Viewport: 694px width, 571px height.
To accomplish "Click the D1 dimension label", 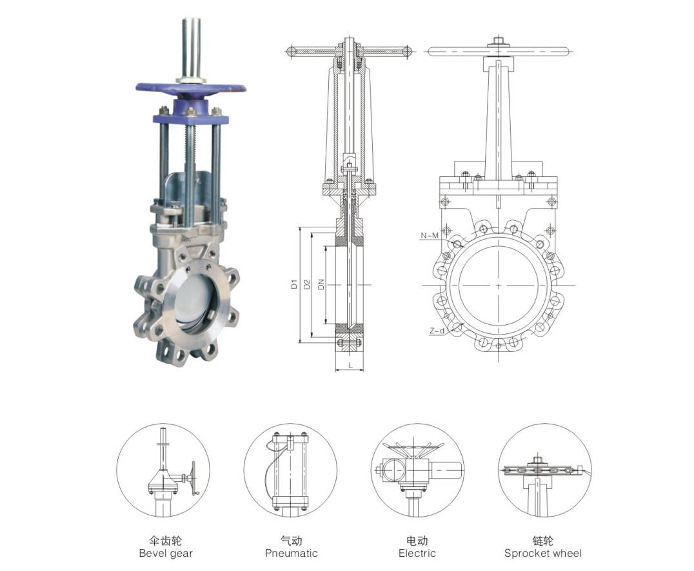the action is point(294,284).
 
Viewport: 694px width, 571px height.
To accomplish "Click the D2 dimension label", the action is point(307,284).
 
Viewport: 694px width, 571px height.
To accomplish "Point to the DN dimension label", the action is point(321,284).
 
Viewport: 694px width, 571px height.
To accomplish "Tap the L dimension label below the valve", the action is point(350,366).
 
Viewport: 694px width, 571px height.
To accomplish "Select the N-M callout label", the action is point(430,235).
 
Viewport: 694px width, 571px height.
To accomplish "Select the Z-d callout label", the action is point(437,330).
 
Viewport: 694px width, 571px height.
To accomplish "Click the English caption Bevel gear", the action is point(166,554).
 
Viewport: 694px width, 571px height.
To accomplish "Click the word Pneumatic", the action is point(292,554).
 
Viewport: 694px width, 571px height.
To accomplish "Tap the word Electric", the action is point(417,554).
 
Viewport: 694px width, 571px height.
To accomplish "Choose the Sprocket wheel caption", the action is point(543,554).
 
